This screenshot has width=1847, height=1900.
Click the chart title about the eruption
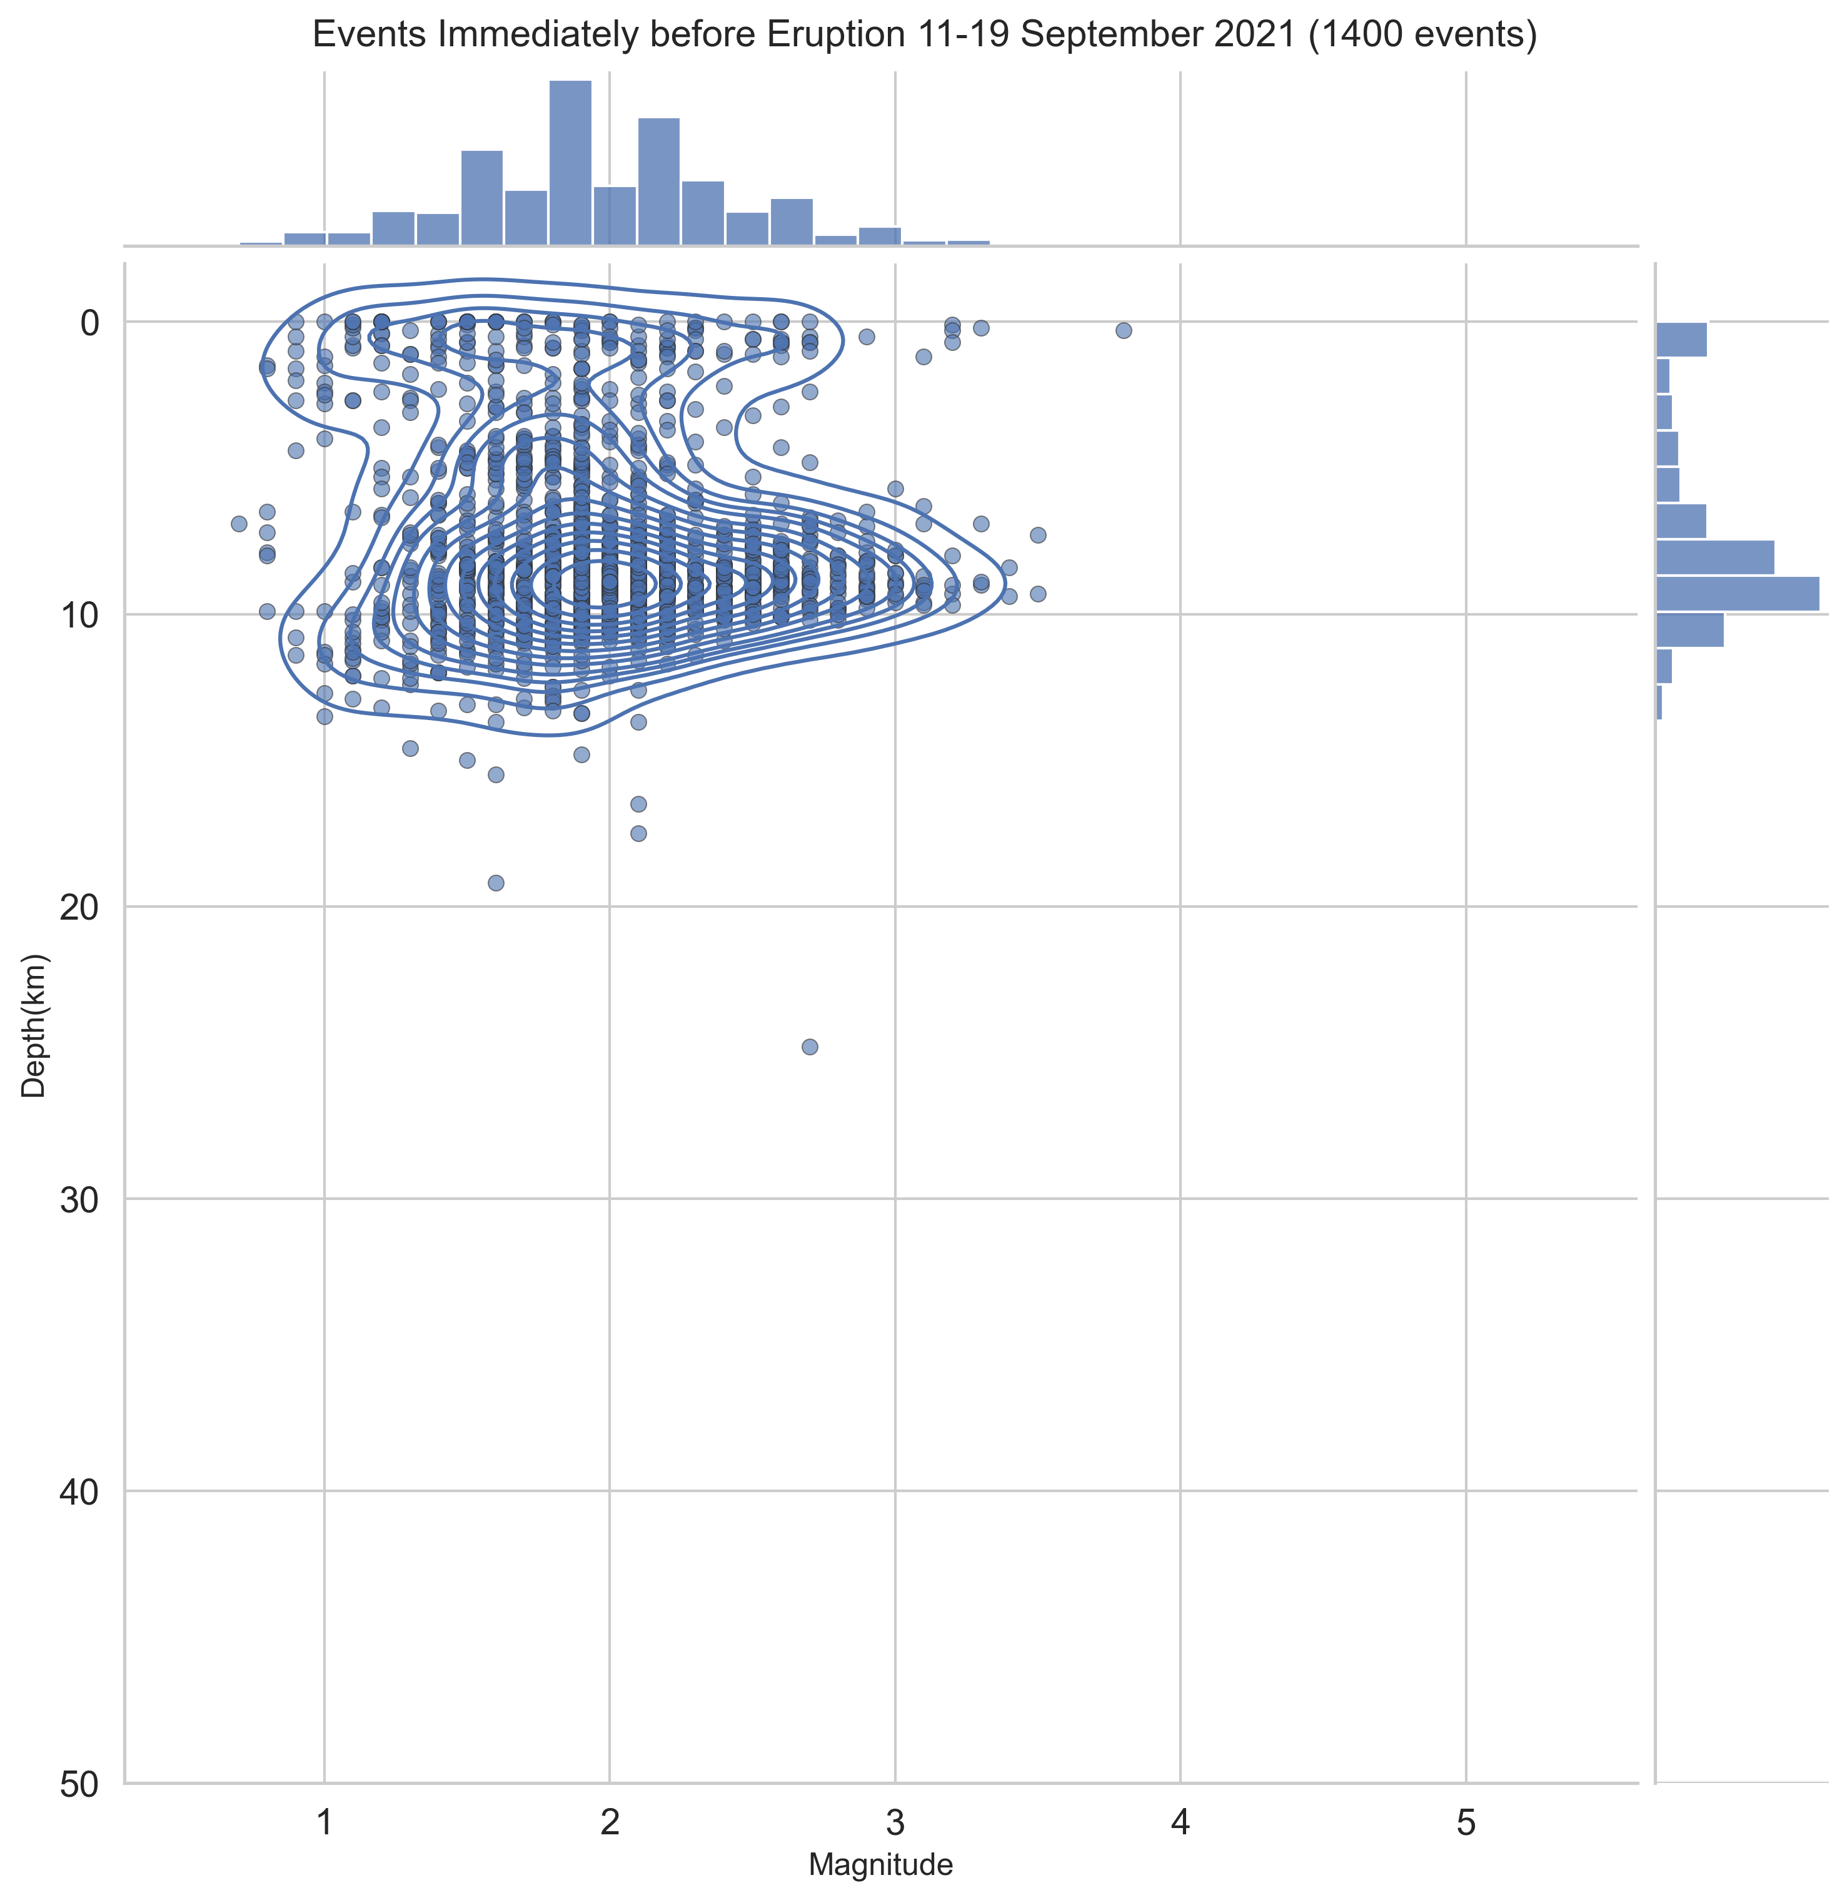[923, 35]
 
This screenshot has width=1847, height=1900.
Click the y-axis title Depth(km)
[34, 1025]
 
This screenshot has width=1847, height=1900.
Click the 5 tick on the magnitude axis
[1466, 1822]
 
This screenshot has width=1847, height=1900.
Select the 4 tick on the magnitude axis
[1180, 1822]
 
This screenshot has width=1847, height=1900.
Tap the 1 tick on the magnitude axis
[325, 1822]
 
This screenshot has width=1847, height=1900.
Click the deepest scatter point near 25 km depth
[810, 1046]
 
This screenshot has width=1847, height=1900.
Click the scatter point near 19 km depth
[496, 882]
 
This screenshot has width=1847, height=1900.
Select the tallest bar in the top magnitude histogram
[570, 163]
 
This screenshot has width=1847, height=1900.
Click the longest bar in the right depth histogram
[1736, 593]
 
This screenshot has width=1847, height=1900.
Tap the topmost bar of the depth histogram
[1681, 340]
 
